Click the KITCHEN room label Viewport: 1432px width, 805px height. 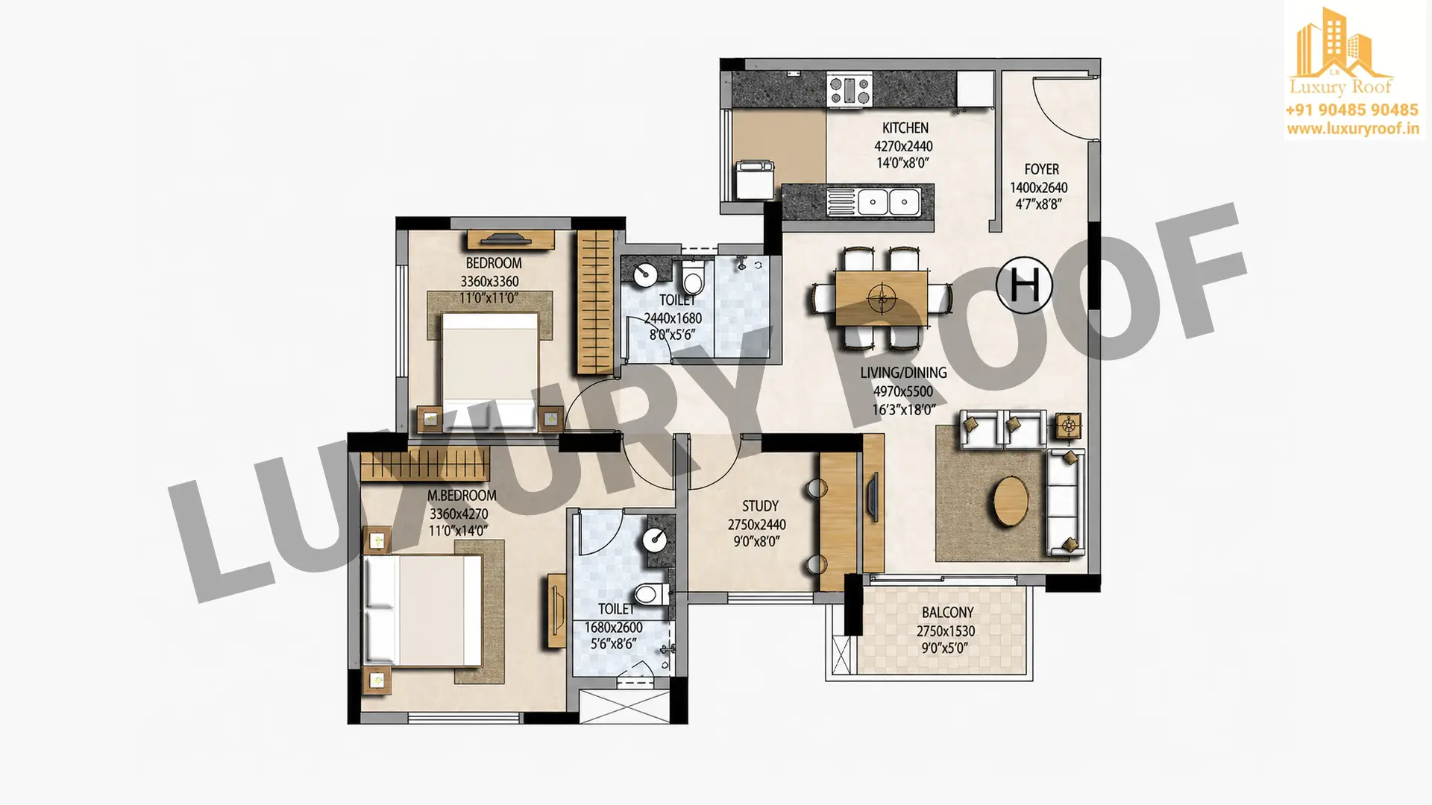click(x=905, y=128)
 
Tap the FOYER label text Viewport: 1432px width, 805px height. click(x=1041, y=169)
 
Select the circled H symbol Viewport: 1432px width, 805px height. click(x=1025, y=285)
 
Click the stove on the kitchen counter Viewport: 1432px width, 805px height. click(x=849, y=89)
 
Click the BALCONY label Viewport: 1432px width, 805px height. click(x=947, y=613)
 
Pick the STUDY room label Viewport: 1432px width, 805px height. click(x=759, y=506)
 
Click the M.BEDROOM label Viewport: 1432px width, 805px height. click(x=462, y=496)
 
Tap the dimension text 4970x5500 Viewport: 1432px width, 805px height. click(x=902, y=391)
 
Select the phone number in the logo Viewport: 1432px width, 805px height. click(x=1351, y=110)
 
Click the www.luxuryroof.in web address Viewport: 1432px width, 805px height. click(x=1352, y=129)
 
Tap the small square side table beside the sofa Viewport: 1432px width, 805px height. click(x=1069, y=427)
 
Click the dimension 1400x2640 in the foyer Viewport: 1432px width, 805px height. click(x=1038, y=188)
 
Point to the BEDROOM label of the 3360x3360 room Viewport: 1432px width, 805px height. click(x=493, y=263)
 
